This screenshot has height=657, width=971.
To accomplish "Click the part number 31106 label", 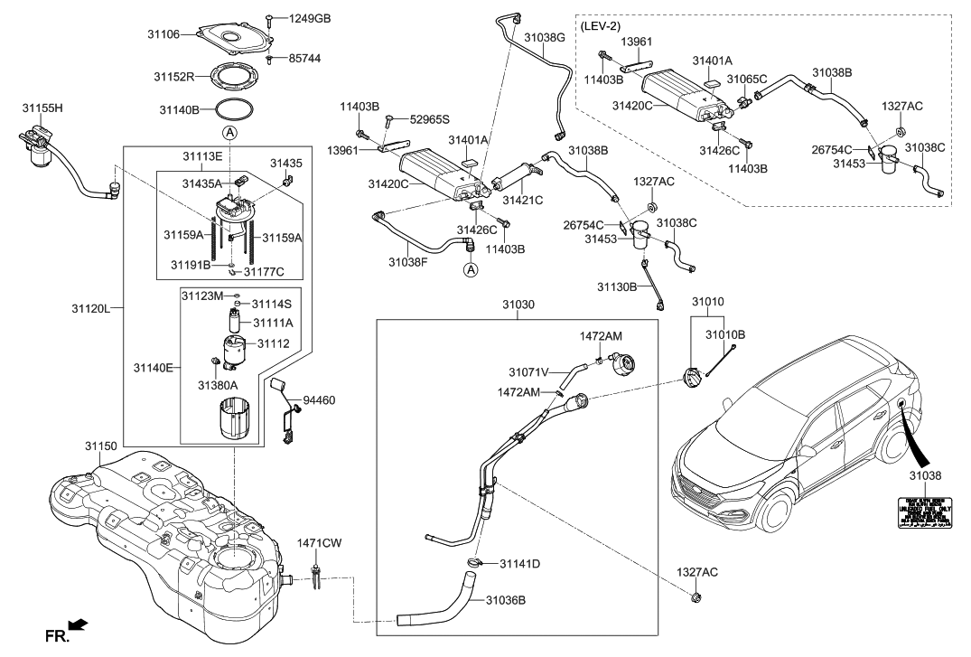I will point(163,34).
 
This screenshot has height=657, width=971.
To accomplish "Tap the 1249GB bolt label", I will point(310,18).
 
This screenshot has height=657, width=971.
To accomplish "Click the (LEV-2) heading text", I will point(601,27).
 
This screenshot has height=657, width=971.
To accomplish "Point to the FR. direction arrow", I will point(78,624).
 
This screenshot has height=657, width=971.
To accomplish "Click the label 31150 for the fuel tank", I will point(101,446).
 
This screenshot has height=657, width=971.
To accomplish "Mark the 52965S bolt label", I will point(430,118).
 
